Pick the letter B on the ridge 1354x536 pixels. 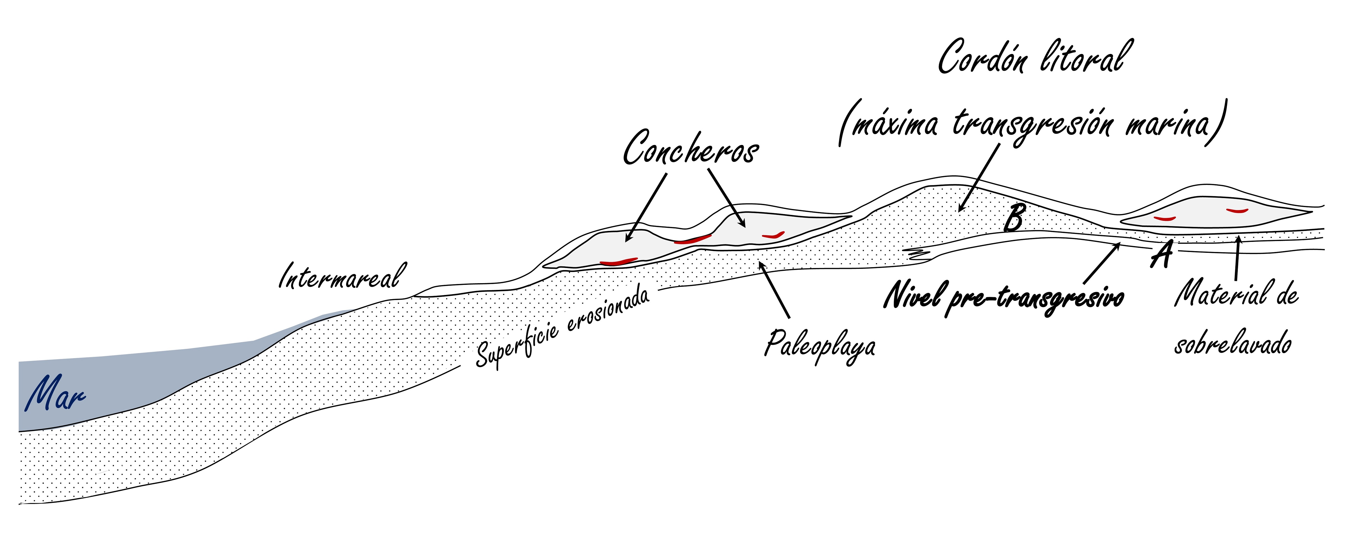1014,217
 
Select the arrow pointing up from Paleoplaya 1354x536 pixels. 774,289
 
